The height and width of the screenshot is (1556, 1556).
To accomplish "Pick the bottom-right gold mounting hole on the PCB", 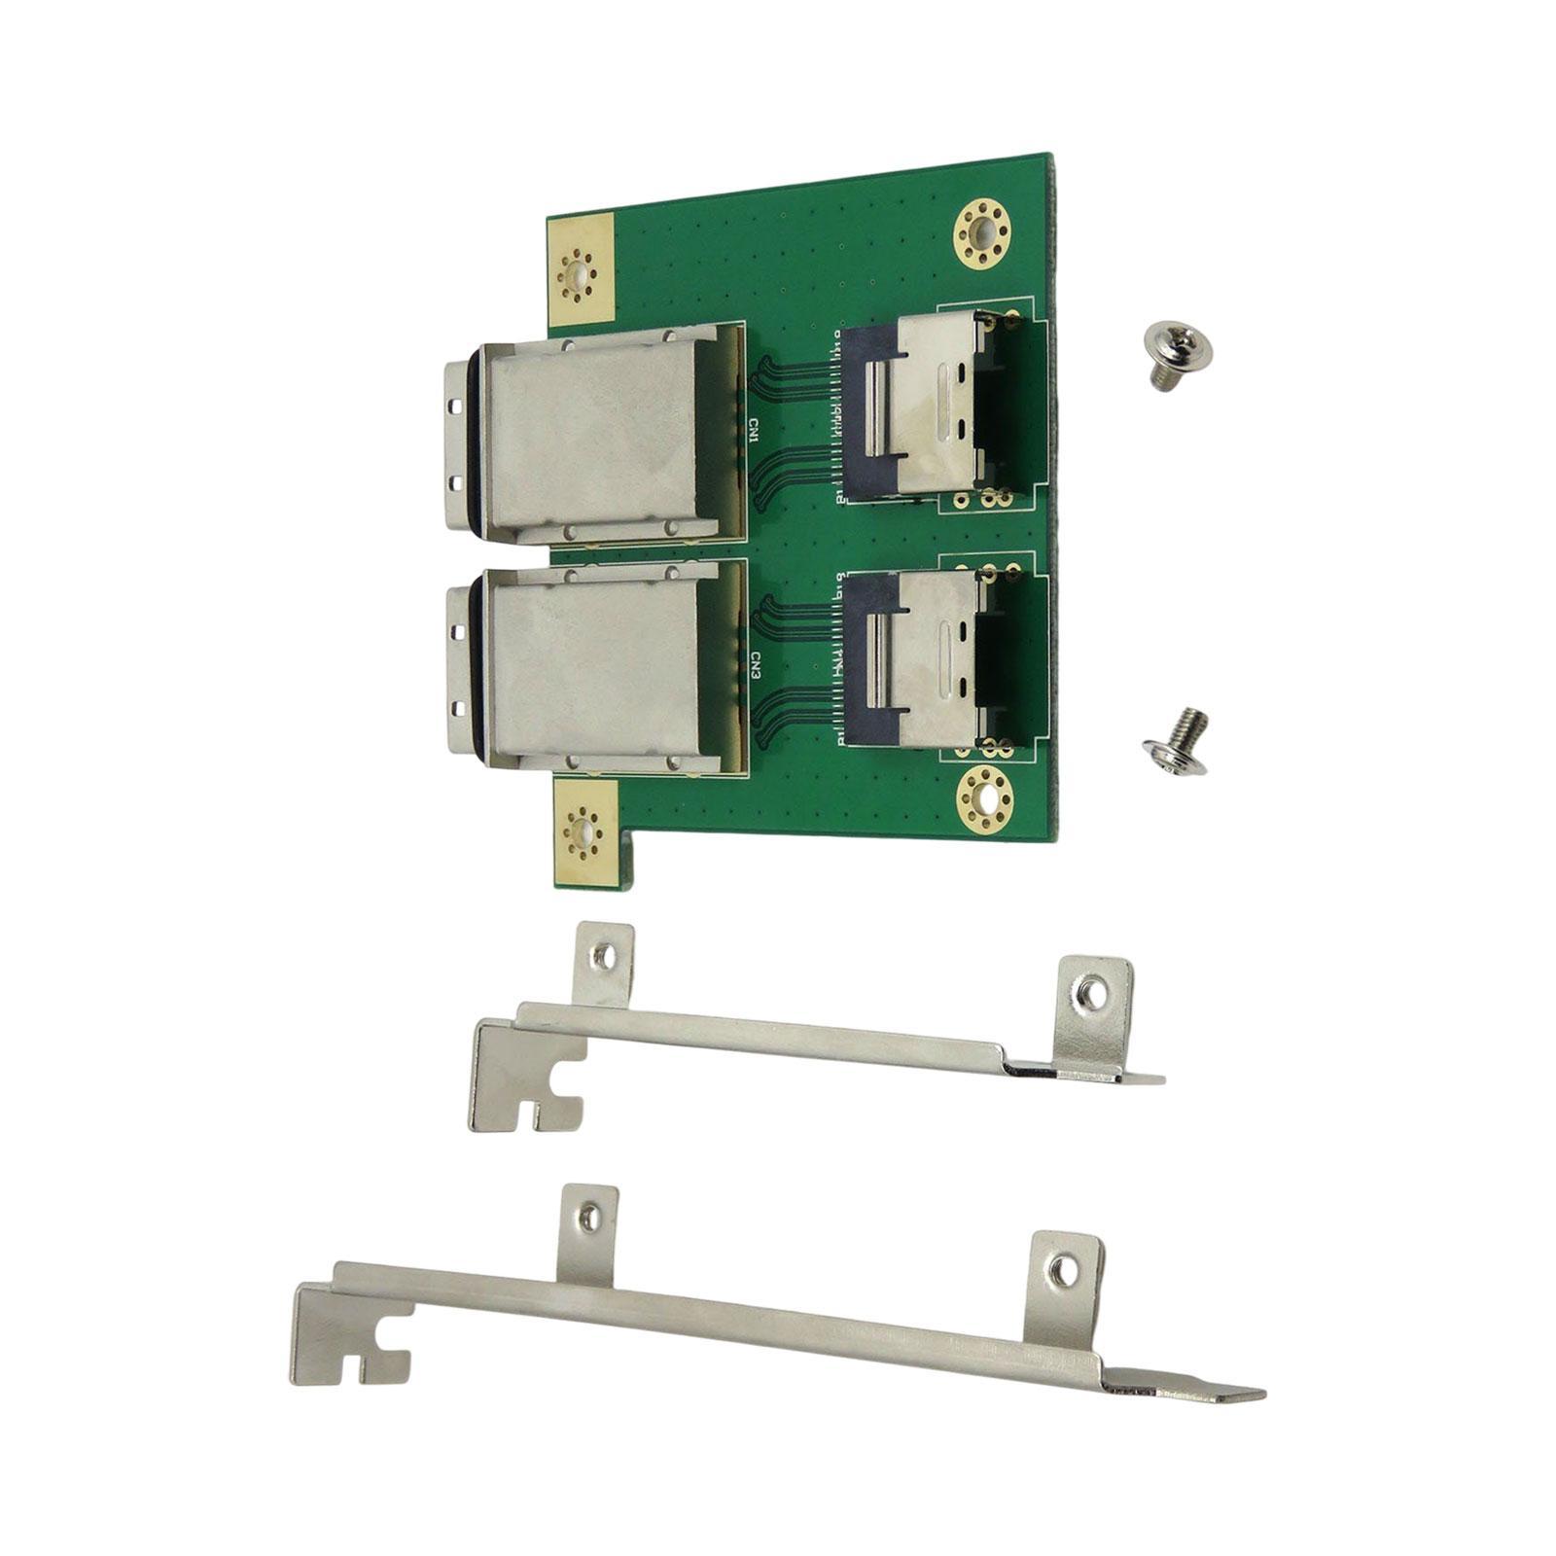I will (x=986, y=797).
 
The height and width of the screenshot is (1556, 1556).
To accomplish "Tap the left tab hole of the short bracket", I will (x=603, y=957).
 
